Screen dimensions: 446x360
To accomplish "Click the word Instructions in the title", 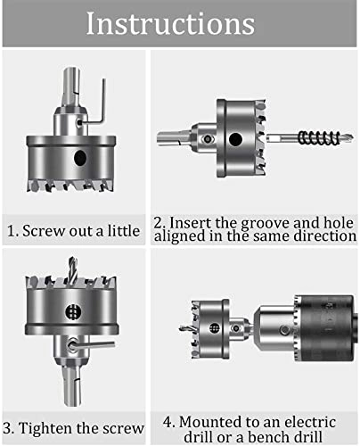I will (x=179, y=23).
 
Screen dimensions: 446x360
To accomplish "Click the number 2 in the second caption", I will (x=157, y=221).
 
